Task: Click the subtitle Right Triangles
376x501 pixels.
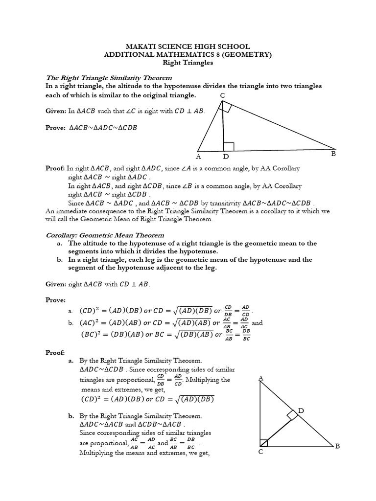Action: click(188, 63)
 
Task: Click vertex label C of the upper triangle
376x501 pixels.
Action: click(223, 95)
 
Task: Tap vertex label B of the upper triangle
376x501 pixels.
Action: click(333, 154)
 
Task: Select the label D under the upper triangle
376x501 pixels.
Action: click(226, 157)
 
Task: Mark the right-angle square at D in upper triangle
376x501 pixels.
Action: click(229, 146)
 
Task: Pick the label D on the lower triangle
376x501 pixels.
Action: click(301, 410)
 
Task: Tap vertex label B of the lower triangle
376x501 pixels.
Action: click(337, 446)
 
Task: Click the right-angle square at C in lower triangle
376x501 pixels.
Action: click(264, 442)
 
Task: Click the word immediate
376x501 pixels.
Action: click(74, 211)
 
